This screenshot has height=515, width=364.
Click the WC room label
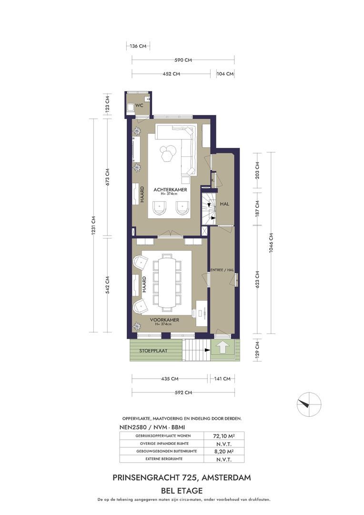(x=139, y=105)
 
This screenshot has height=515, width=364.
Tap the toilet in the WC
(x=130, y=107)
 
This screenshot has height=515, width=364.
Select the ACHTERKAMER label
(x=170, y=189)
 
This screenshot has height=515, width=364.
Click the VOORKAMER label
(x=164, y=319)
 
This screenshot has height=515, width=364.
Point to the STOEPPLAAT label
(x=153, y=351)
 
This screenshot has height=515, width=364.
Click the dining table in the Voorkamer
(x=167, y=282)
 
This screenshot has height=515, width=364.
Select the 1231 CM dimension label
(x=93, y=225)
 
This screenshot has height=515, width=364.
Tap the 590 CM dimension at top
(x=183, y=60)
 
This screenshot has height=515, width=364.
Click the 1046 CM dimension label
(x=271, y=243)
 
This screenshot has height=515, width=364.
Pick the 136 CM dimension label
(x=138, y=46)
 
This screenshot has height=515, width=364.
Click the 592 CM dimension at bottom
(x=183, y=392)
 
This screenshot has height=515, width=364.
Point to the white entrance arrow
(x=222, y=347)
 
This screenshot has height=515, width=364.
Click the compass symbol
(x=309, y=404)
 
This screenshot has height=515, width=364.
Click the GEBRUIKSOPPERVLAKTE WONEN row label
(x=163, y=436)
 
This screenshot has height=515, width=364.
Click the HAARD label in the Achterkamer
(x=142, y=195)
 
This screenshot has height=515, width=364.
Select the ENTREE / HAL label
(x=222, y=270)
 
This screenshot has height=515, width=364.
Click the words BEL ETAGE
(x=182, y=491)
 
